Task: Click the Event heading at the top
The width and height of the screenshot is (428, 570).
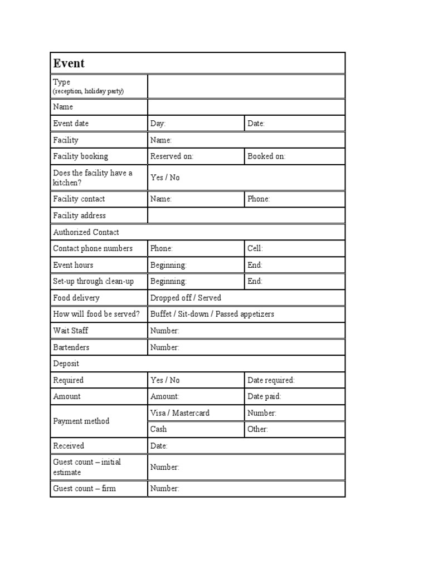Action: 69,63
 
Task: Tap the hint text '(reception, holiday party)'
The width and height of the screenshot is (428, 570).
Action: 88,91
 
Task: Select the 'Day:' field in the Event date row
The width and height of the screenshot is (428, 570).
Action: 196,124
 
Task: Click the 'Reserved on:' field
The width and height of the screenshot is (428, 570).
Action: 196,156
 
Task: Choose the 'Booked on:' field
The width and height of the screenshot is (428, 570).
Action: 294,156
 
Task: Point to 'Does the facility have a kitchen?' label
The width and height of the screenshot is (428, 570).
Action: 93,178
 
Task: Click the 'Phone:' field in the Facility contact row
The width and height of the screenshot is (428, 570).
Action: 294,199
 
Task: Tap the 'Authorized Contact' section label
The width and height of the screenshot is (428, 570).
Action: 86,232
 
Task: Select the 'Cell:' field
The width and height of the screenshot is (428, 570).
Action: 294,249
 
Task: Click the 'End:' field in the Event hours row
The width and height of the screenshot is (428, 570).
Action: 294,265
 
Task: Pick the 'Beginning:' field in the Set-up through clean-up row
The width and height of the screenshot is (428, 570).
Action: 196,282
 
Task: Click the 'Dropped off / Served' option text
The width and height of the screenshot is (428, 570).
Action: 186,298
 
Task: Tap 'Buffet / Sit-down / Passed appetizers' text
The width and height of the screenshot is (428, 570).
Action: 212,314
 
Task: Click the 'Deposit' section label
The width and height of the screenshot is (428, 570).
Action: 66,363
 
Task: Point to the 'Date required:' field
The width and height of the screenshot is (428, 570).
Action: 294,380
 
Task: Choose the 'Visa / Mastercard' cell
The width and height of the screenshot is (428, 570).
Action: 196,413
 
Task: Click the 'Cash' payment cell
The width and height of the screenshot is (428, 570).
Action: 196,429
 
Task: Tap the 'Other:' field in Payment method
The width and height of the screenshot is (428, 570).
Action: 294,429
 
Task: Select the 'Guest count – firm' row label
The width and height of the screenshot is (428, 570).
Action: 84,489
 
